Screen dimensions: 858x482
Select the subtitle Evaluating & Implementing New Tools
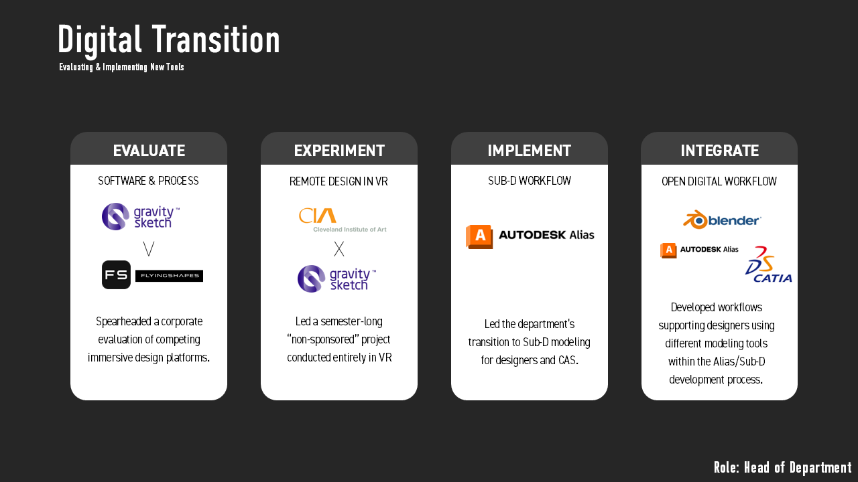coord(121,68)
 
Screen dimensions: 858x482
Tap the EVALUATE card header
coord(149,151)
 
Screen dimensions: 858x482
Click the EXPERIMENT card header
coord(339,151)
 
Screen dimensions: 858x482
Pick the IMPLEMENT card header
coord(530,151)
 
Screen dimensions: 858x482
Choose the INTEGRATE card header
coord(720,151)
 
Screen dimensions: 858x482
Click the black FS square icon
coord(116,274)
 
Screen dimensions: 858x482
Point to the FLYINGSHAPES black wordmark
coord(170,275)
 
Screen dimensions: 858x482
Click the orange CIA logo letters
coord(318,216)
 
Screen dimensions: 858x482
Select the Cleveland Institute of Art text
coord(350,230)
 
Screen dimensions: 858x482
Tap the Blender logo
coord(722,220)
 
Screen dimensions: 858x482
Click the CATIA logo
coord(768,264)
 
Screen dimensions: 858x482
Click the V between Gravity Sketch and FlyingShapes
coord(149,248)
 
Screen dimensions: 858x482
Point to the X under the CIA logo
coord(339,248)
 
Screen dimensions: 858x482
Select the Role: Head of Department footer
coord(782,467)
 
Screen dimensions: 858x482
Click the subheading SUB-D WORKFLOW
coord(530,181)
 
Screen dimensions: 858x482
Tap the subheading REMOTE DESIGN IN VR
coord(339,181)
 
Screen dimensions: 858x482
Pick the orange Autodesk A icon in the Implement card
coord(479,237)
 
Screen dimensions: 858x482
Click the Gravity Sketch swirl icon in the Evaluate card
coord(115,216)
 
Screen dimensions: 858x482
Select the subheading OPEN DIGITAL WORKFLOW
coord(719,181)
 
